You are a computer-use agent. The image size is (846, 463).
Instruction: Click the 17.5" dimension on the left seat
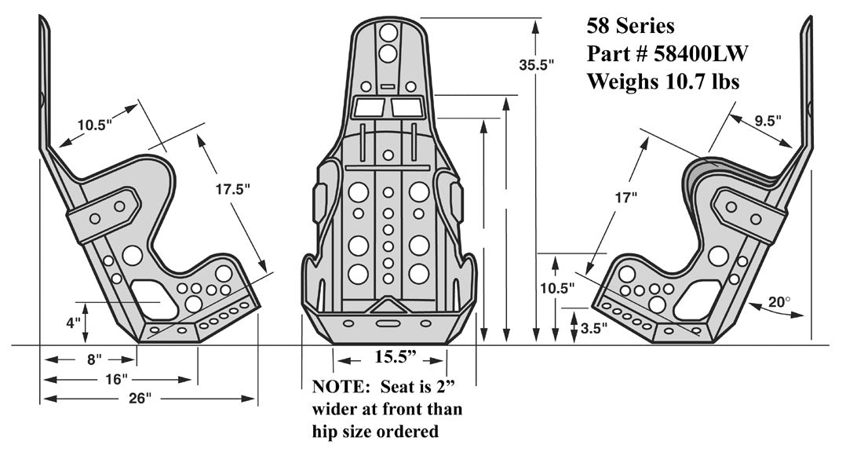[232, 189]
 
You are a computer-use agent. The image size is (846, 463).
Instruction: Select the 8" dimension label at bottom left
[93, 360]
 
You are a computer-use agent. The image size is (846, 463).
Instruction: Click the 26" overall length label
[139, 399]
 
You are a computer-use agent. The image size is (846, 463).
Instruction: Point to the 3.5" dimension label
[594, 329]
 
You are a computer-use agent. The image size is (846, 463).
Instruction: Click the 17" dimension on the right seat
[625, 199]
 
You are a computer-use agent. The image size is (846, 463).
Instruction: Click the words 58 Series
[630, 26]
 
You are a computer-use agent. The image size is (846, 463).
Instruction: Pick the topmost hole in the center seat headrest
[388, 33]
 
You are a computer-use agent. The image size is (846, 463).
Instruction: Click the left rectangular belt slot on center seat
[367, 108]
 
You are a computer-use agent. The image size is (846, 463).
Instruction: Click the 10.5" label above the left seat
[95, 124]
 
